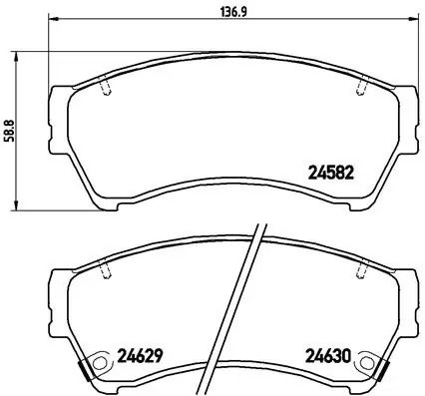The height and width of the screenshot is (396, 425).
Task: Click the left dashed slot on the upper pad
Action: click(x=106, y=89)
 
